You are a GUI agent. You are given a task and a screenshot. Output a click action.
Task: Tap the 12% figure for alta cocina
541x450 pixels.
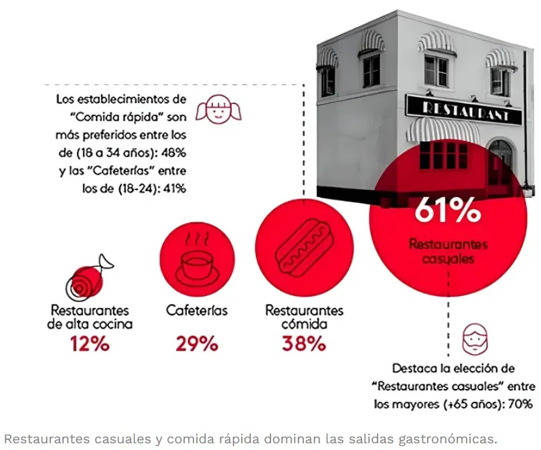(90, 344)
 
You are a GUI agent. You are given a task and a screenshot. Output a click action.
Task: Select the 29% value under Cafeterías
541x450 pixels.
(197, 344)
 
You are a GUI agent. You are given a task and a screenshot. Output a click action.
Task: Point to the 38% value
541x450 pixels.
(304, 344)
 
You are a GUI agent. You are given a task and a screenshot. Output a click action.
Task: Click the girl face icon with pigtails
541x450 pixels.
(218, 110)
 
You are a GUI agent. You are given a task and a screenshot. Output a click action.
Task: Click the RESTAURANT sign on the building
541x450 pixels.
(463, 112)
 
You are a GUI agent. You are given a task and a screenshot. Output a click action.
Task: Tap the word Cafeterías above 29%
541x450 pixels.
(197, 311)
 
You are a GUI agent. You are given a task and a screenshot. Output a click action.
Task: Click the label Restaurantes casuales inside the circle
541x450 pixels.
(448, 251)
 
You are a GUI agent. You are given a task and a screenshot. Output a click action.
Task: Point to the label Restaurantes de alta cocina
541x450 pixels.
(90, 317)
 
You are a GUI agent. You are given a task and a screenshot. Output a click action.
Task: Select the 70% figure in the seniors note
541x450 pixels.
(520, 404)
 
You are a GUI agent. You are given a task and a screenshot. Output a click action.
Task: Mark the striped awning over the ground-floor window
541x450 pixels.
(442, 129)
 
